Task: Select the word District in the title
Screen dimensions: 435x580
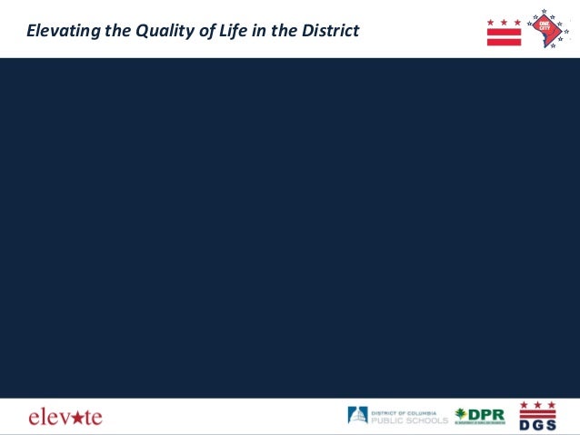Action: click(328, 32)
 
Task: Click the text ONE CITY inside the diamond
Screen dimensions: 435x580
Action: click(546, 26)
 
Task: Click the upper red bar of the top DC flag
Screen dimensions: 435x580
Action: click(504, 31)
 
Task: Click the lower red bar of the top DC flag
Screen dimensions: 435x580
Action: click(504, 41)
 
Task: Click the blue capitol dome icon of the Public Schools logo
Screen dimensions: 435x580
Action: click(357, 416)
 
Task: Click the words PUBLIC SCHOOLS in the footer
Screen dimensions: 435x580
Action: click(409, 420)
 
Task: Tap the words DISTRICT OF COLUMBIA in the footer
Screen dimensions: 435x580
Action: click(405, 411)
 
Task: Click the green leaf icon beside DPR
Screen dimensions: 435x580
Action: click(460, 415)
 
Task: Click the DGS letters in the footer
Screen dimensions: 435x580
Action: click(537, 423)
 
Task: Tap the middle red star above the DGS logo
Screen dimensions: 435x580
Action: click(537, 404)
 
